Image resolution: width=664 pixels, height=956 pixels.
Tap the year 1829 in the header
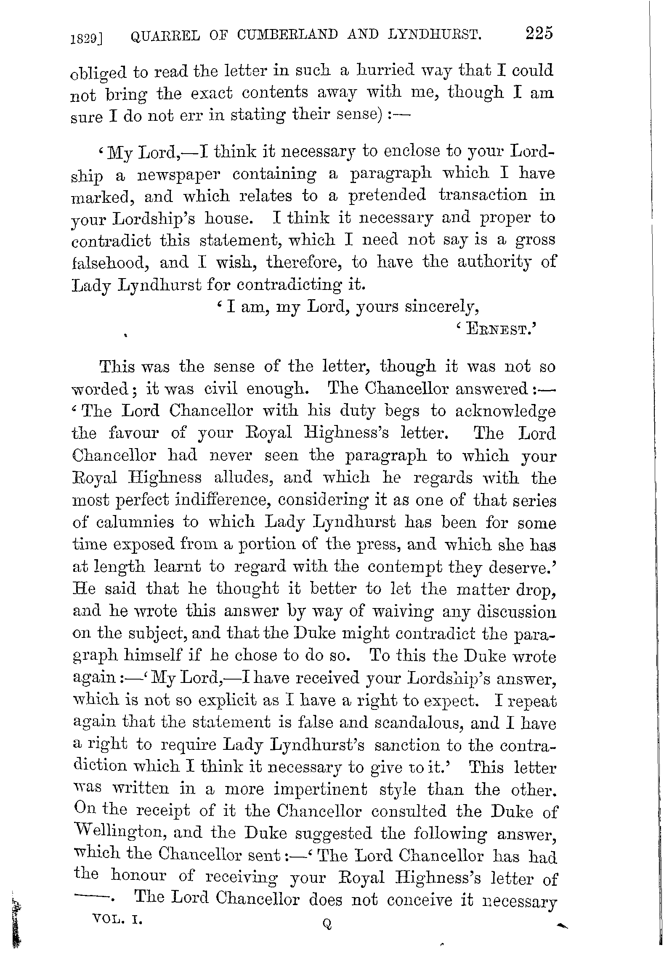(86, 39)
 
